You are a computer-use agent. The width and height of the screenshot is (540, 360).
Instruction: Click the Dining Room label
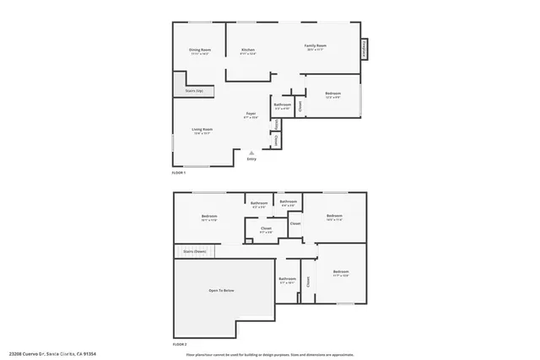point(198,51)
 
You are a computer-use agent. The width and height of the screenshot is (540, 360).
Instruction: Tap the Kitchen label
point(247,51)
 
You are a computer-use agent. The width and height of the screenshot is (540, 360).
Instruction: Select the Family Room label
point(316,46)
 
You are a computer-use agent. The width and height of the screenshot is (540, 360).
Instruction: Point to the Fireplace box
point(364,48)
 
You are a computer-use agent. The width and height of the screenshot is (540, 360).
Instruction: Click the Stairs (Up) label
point(193,90)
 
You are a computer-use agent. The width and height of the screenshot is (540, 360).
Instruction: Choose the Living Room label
point(202,131)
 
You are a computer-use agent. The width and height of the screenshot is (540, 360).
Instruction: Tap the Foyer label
point(251,115)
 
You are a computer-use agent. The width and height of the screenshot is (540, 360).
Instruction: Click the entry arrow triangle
point(251,151)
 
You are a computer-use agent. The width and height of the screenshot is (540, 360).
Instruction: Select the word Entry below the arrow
point(251,159)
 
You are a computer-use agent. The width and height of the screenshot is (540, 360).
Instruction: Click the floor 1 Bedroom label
point(332,94)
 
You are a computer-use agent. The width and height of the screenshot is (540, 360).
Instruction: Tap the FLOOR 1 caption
point(179,173)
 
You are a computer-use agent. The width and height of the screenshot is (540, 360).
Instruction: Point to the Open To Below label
point(221,290)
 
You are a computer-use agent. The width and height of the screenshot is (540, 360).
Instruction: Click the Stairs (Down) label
point(194,251)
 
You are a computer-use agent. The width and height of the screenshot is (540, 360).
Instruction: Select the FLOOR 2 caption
point(179,345)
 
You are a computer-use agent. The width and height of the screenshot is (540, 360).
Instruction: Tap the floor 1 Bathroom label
point(282,105)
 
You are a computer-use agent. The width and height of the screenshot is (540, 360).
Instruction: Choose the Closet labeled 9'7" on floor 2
point(266,229)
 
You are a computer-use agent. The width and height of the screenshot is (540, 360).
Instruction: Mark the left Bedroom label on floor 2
point(209,218)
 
